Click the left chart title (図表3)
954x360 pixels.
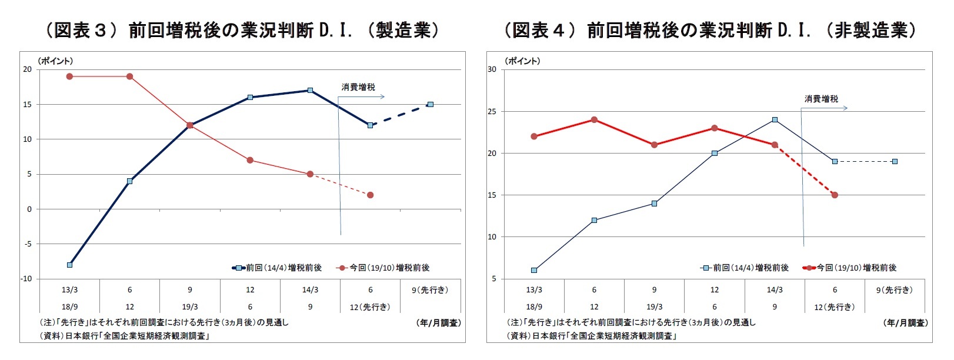[x=242, y=29]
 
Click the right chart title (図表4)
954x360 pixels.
[x=709, y=29]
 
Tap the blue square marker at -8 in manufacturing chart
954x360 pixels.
[x=69, y=265]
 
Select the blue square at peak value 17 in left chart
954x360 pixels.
[x=310, y=91]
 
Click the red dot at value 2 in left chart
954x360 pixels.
[x=370, y=195]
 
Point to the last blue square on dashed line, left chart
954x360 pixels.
[x=431, y=105]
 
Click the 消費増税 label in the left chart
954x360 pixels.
[x=358, y=87]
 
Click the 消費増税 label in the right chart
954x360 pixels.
[x=821, y=99]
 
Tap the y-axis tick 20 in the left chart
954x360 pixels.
[x=27, y=69]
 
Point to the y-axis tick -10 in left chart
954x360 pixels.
[x=26, y=279]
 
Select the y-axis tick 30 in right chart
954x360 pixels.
[x=492, y=69]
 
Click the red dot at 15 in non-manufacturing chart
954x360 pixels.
[x=835, y=195]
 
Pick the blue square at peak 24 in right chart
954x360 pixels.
[x=775, y=119]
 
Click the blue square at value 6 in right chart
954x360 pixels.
[x=534, y=271]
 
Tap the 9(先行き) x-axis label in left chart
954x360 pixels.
[x=430, y=289]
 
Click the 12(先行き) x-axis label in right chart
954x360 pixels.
[x=835, y=306]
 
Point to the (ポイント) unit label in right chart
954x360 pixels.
[x=521, y=61]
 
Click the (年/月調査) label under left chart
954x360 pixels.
[x=438, y=323]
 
